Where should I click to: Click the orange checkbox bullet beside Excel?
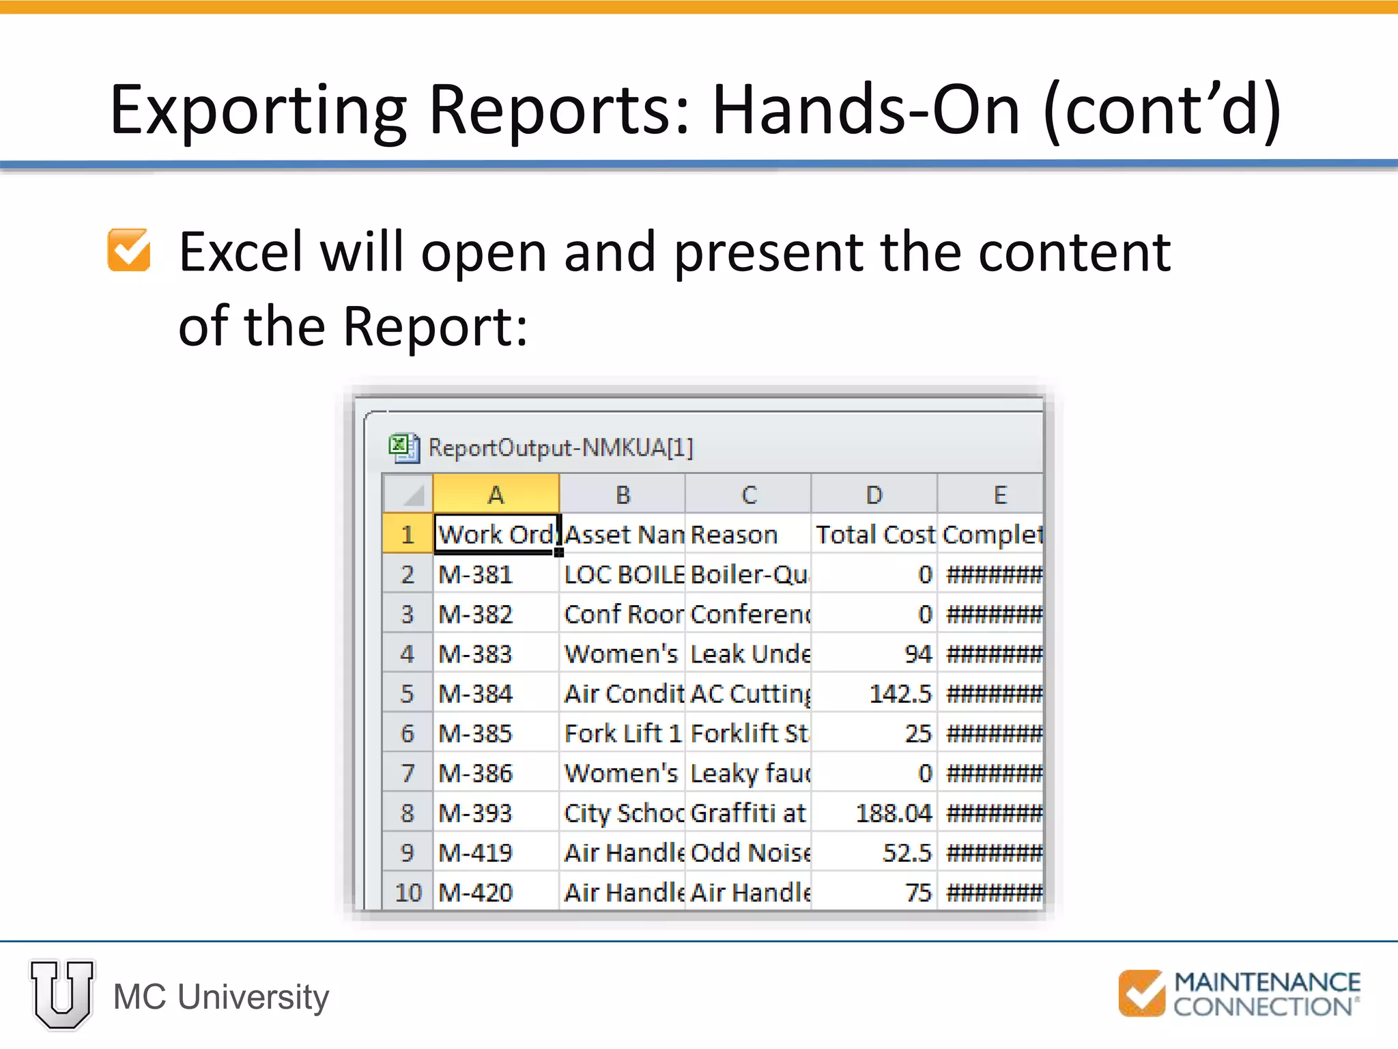tap(129, 250)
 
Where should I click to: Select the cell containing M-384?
tap(496, 694)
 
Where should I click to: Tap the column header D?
tap(874, 494)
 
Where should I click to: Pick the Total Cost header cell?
tap(874, 534)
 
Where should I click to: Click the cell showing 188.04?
tap(874, 813)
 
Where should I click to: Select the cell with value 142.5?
tap(874, 694)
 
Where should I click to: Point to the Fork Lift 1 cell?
tap(622, 733)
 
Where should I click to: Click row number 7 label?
tap(408, 773)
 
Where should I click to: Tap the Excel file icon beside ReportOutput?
tap(404, 448)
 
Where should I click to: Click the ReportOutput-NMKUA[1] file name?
tap(560, 448)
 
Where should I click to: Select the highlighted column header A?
tap(496, 494)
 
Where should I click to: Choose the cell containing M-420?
tap(496, 892)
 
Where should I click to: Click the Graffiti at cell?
tap(748, 813)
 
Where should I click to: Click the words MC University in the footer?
tap(221, 996)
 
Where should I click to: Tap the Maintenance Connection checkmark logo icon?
tap(1141, 993)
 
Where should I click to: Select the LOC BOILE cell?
tap(622, 574)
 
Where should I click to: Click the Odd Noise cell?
tap(748, 852)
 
